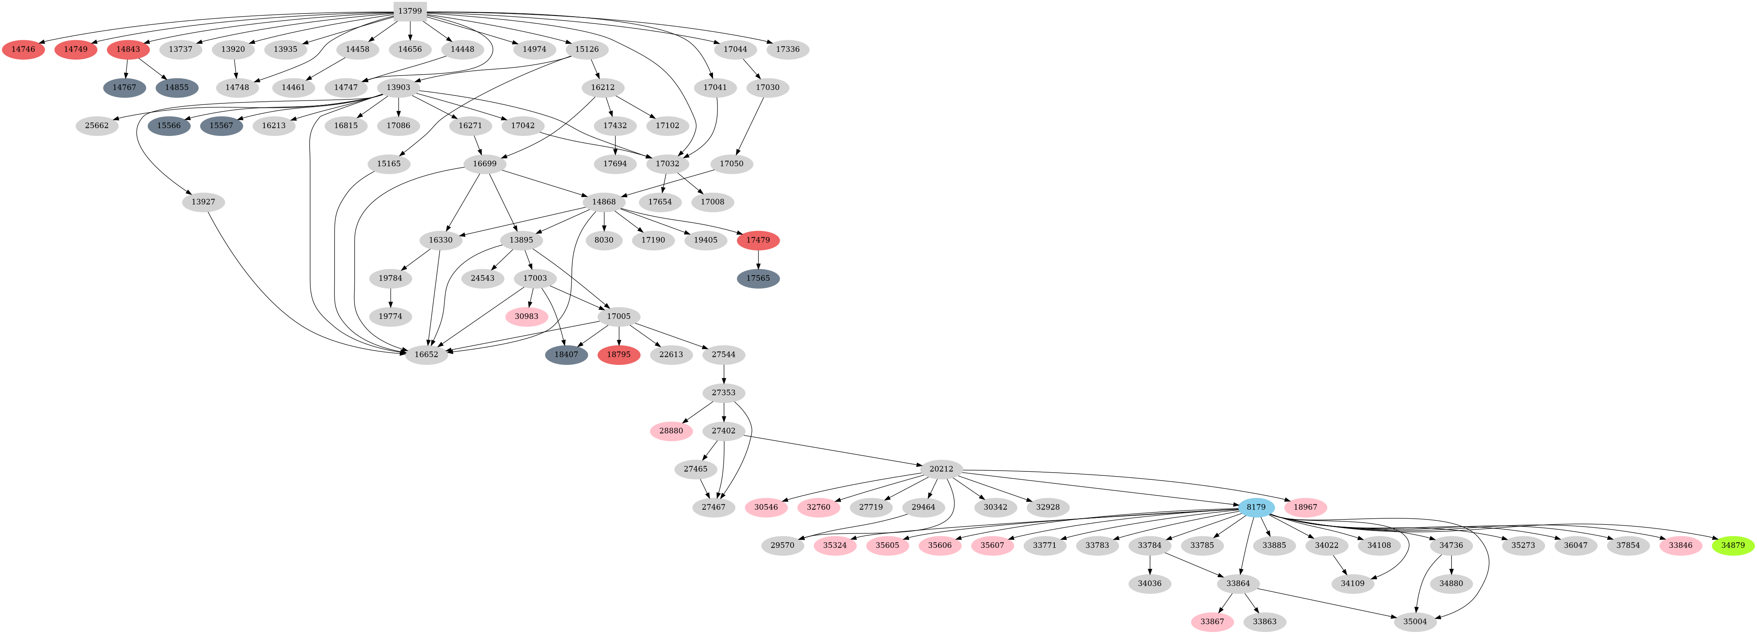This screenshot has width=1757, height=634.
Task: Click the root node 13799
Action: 410,11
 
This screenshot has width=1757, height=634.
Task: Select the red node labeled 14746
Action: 23,49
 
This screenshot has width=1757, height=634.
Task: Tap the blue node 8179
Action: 1256,507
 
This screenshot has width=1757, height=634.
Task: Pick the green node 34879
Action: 1732,545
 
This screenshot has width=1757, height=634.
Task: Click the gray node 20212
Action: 941,469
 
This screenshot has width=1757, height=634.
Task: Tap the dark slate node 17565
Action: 758,278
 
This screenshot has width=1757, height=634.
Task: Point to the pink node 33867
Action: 1212,622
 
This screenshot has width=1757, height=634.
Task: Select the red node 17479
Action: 758,240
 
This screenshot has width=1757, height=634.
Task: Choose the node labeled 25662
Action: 97,126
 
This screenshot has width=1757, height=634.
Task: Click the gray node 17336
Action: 788,49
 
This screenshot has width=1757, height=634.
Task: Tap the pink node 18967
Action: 1305,507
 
